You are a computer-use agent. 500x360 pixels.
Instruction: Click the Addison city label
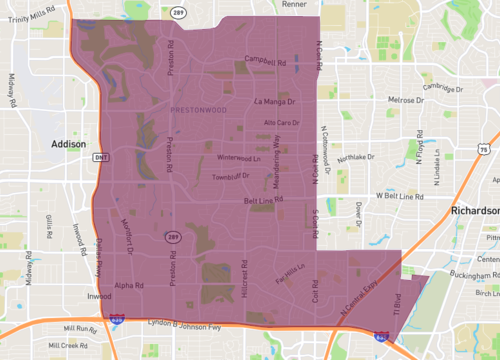pos(68,144)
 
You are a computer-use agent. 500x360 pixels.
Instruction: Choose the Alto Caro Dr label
pos(281,123)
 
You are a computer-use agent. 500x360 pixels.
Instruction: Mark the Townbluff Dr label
pos(231,177)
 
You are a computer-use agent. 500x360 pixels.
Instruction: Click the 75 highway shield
pos(484,148)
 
